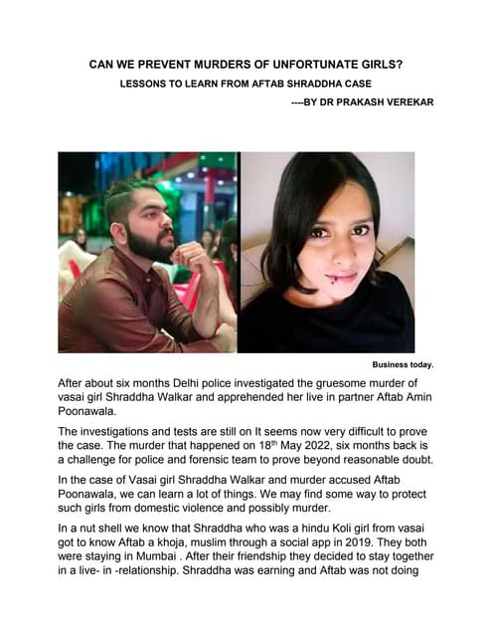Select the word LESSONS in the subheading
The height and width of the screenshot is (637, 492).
click(x=145, y=86)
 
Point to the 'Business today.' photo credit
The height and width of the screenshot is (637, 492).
click(x=403, y=364)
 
